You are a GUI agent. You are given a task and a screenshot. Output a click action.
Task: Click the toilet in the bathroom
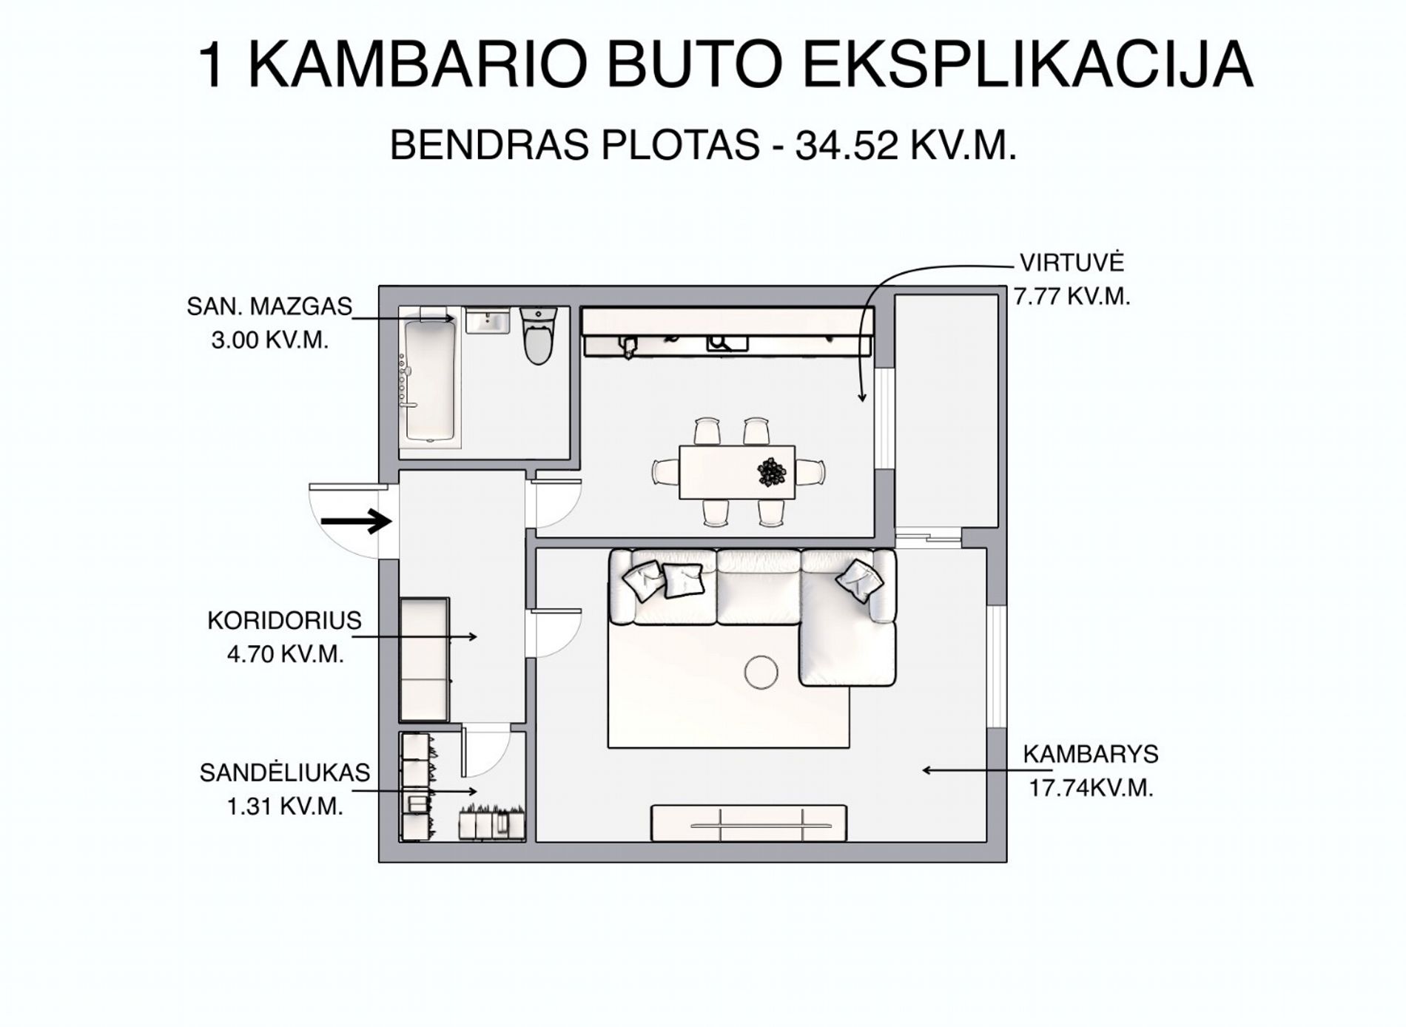click(538, 336)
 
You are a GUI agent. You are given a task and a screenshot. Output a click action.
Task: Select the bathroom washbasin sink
click(487, 322)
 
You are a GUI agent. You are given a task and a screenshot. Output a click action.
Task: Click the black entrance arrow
click(356, 522)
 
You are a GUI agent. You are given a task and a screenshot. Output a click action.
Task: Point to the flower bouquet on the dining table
click(772, 471)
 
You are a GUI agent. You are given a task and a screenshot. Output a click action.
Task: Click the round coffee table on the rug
click(761, 673)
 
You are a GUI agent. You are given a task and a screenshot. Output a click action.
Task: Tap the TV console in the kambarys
click(748, 824)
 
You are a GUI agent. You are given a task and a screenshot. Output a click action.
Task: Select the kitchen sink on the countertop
click(727, 343)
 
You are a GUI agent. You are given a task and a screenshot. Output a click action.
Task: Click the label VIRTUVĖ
click(1072, 263)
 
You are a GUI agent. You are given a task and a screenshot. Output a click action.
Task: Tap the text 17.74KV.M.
click(1091, 788)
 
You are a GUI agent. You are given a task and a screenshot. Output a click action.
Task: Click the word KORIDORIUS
click(284, 620)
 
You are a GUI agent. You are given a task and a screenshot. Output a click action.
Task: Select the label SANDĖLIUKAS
click(285, 772)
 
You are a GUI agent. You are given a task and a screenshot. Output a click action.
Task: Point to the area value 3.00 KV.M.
click(269, 340)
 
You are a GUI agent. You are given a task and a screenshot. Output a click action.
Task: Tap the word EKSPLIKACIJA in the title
click(1028, 65)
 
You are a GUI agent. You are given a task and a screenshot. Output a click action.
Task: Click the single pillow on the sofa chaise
click(859, 581)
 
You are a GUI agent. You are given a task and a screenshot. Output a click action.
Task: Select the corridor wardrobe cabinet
click(425, 659)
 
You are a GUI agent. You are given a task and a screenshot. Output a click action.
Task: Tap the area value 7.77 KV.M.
click(1072, 297)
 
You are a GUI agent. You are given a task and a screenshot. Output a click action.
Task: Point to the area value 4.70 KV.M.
click(286, 655)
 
